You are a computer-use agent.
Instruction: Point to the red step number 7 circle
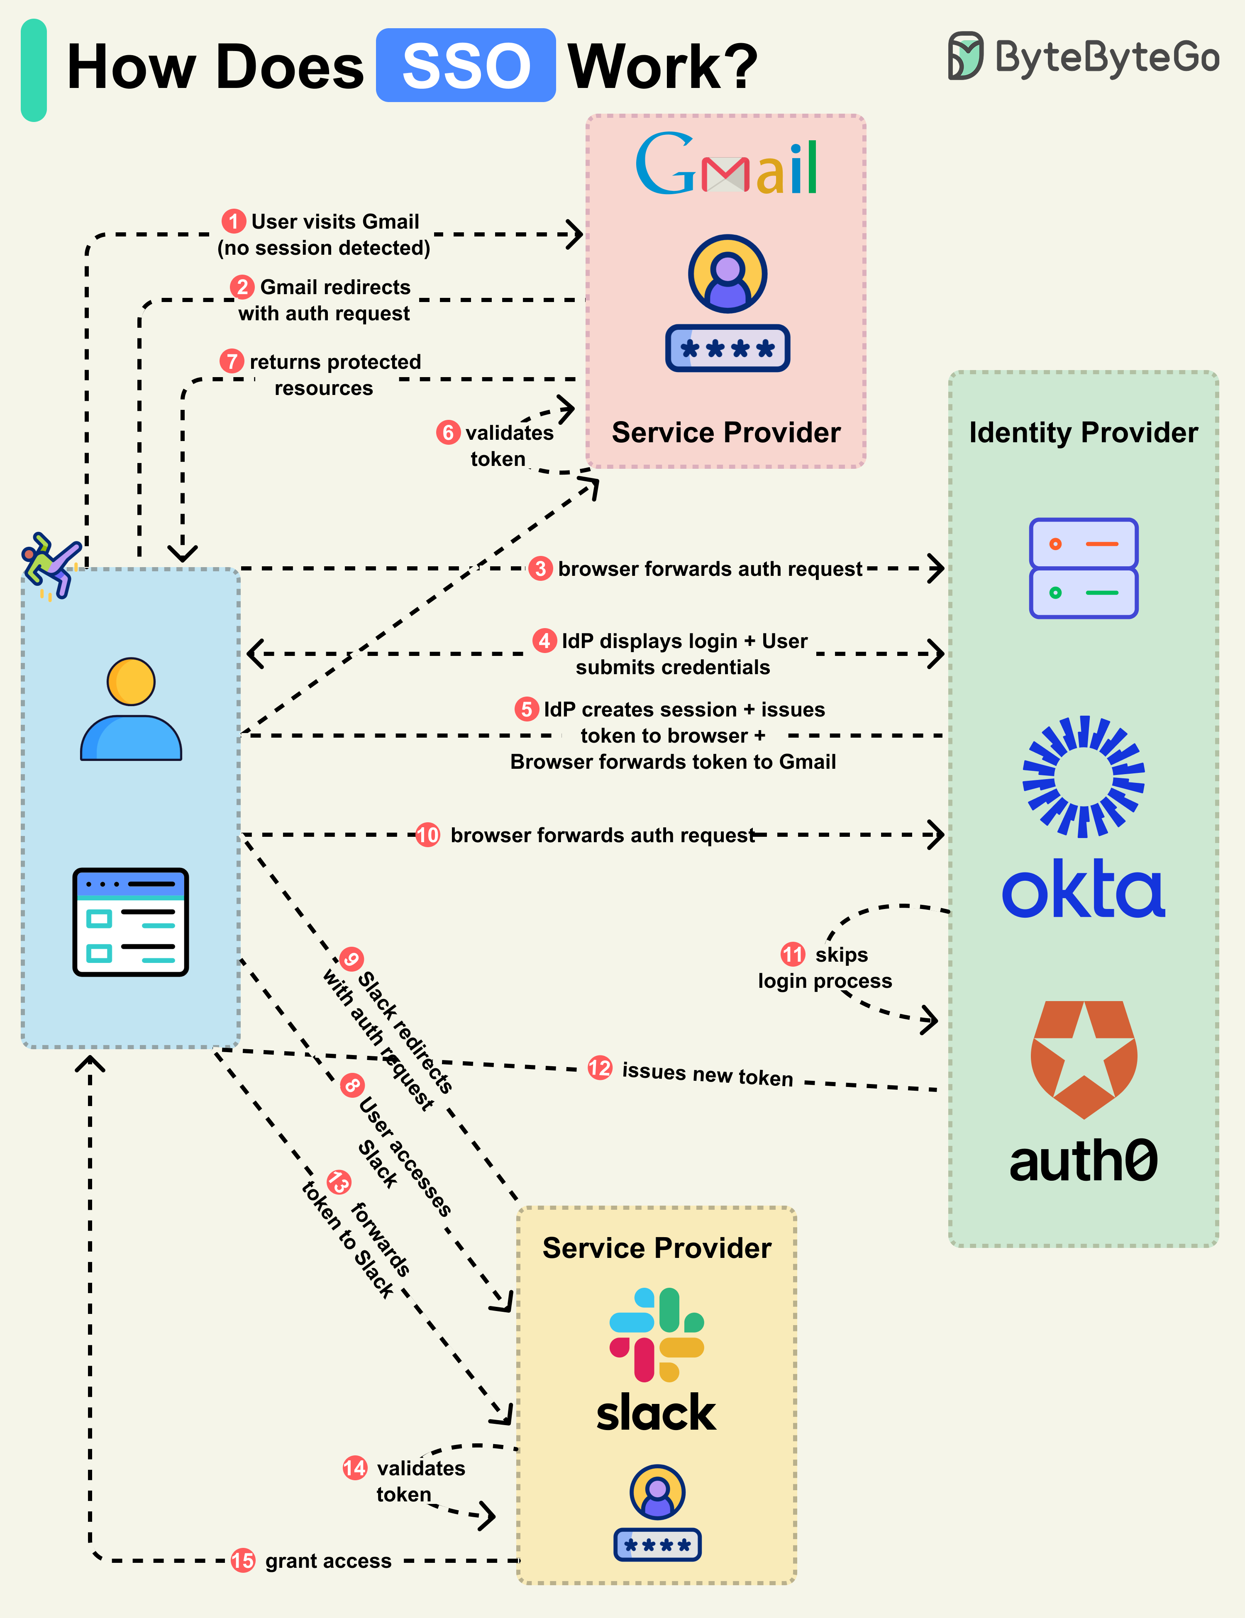[x=232, y=361]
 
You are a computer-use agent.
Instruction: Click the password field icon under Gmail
[x=727, y=348]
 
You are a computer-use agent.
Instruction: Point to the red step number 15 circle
[x=242, y=1560]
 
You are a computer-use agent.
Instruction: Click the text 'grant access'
[x=328, y=1561]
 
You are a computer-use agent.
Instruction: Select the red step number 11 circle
[x=792, y=954]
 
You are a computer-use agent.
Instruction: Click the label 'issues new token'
[x=707, y=1074]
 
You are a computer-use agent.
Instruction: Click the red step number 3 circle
[x=540, y=568]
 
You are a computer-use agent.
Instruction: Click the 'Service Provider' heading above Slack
[x=657, y=1248]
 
